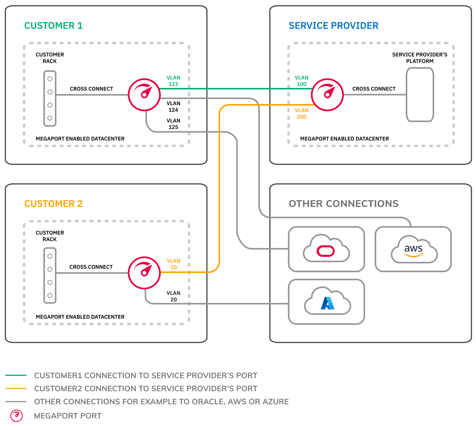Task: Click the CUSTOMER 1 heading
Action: pos(53,26)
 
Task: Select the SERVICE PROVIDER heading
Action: pos(333,26)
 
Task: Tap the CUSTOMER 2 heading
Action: pos(53,204)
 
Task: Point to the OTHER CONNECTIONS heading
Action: pos(344,204)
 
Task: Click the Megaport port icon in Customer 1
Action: pos(144,94)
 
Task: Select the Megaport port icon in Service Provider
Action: pos(327,94)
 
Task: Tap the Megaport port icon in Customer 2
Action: pos(144,273)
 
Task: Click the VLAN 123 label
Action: pos(173,81)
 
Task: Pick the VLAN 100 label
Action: pos(301,81)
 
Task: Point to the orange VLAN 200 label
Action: pos(301,114)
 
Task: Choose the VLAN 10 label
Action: pos(173,264)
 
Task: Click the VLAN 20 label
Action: pos(173,296)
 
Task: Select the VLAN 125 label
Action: pos(173,124)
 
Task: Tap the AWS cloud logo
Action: pos(414,250)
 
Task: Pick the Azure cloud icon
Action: pos(327,302)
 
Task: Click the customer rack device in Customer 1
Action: pos(50,98)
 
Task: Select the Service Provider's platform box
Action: pos(420,94)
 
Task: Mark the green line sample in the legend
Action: pos(16,375)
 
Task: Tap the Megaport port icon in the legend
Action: pos(17,416)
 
